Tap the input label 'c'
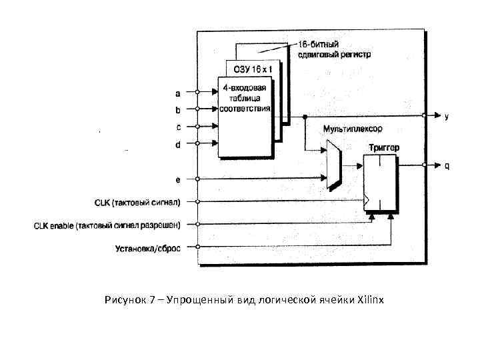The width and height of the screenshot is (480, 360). (177, 126)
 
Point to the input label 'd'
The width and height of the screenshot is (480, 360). (177, 143)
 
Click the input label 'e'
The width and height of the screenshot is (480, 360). (177, 179)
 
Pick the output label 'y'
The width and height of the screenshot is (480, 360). (447, 116)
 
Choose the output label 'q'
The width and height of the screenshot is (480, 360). (447, 166)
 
